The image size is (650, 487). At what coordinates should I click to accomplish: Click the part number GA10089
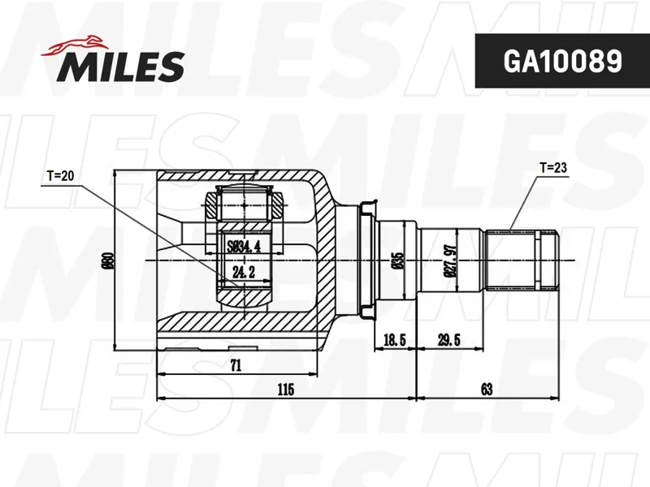562,62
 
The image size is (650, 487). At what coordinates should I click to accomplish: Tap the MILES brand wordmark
121,67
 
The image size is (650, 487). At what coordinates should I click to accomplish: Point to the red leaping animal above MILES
72,45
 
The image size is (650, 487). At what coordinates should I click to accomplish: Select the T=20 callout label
60,176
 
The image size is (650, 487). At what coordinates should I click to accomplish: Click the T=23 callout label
553,168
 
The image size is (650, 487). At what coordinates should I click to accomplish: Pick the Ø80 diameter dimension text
109,260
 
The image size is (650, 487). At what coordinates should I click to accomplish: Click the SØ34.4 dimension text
244,247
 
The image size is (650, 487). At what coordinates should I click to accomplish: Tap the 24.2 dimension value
244,272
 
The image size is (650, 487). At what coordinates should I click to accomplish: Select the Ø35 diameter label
398,261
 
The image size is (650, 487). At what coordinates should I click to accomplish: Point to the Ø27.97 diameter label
452,261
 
